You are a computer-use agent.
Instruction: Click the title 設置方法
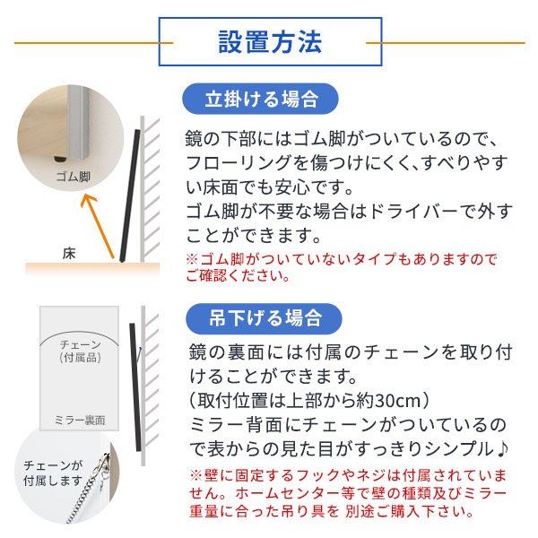click(x=269, y=42)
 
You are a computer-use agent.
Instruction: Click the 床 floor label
click(x=70, y=253)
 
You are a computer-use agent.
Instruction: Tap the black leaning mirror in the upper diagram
click(x=126, y=193)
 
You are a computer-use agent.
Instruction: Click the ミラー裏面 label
click(x=80, y=420)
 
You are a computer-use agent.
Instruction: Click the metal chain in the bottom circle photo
click(x=85, y=507)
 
